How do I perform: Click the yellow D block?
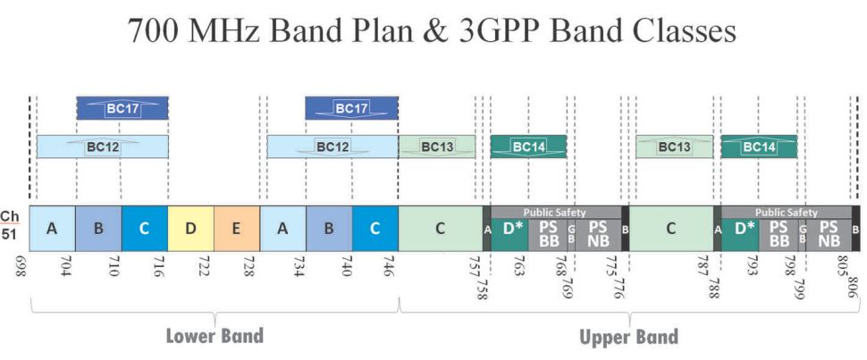190,229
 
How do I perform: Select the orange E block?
237,229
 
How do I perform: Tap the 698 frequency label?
22,266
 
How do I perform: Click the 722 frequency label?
203,266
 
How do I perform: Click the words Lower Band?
215,336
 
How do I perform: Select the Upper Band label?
628,337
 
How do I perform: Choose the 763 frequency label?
519,266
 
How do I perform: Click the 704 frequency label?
64,266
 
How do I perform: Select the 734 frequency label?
297,266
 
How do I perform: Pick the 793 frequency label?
752,266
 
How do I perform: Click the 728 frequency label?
248,266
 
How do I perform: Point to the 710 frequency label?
111,266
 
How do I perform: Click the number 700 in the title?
154,29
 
